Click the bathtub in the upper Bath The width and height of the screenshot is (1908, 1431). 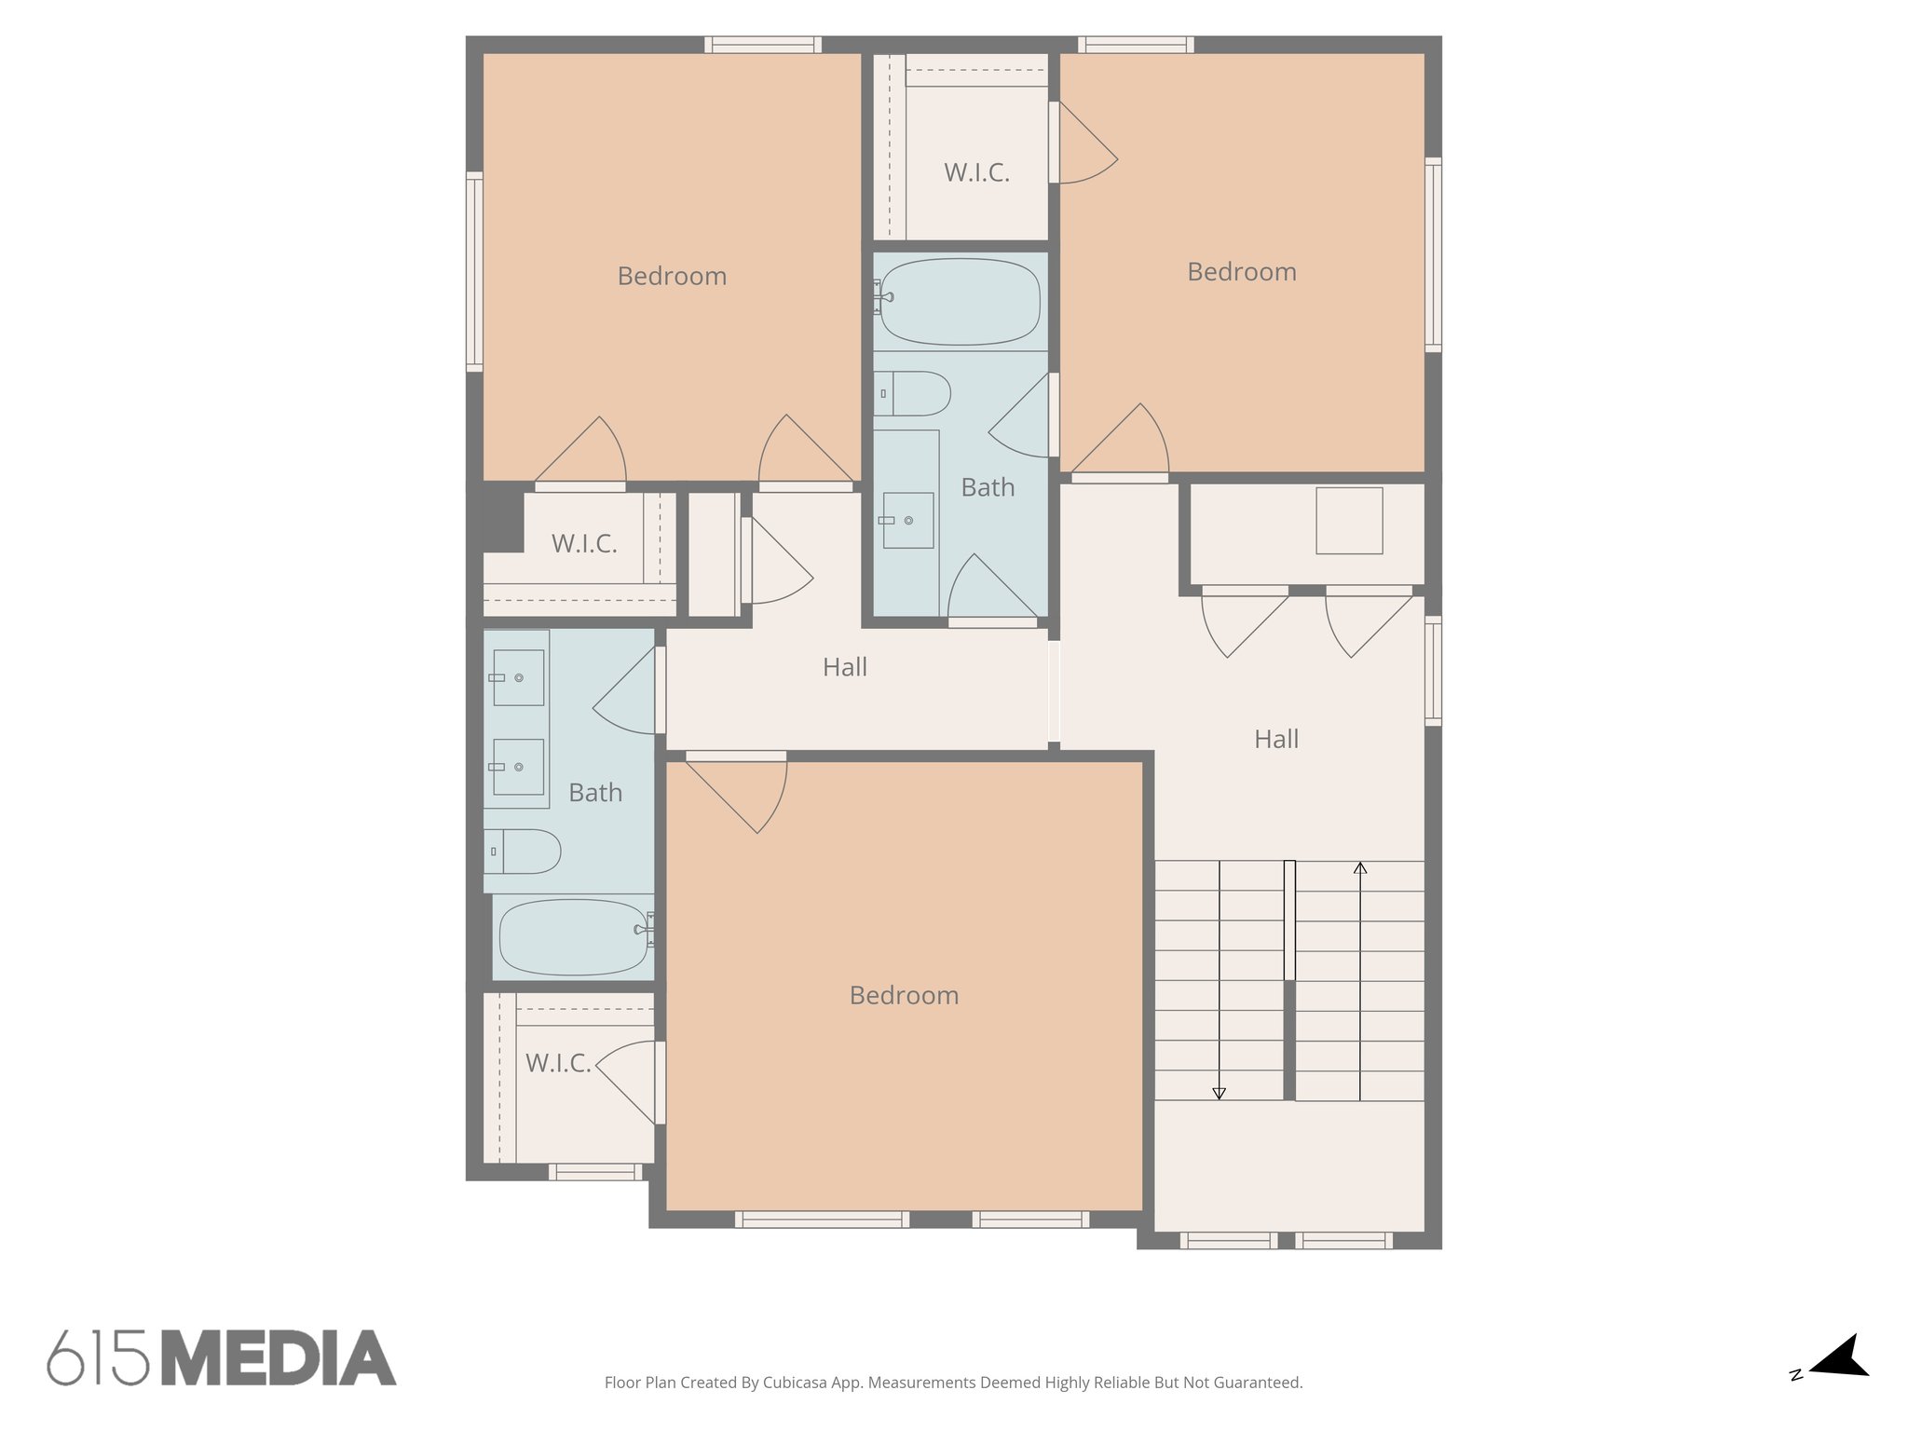click(x=960, y=302)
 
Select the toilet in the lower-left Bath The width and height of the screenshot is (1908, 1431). click(x=525, y=851)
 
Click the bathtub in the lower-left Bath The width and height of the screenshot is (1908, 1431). click(x=573, y=936)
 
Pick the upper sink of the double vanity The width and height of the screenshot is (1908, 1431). click(x=518, y=677)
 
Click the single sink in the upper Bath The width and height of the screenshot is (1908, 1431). click(x=907, y=520)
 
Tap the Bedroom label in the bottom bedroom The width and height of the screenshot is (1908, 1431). click(x=904, y=995)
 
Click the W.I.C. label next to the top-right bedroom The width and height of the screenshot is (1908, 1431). click(x=976, y=172)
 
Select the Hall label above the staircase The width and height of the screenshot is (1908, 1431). click(x=1275, y=739)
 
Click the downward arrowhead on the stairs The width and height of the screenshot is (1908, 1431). click(x=1219, y=1093)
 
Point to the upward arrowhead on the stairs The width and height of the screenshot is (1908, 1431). click(x=1360, y=868)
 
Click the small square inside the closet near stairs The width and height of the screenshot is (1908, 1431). click(x=1349, y=521)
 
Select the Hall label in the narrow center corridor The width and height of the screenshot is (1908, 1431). click(x=844, y=667)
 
